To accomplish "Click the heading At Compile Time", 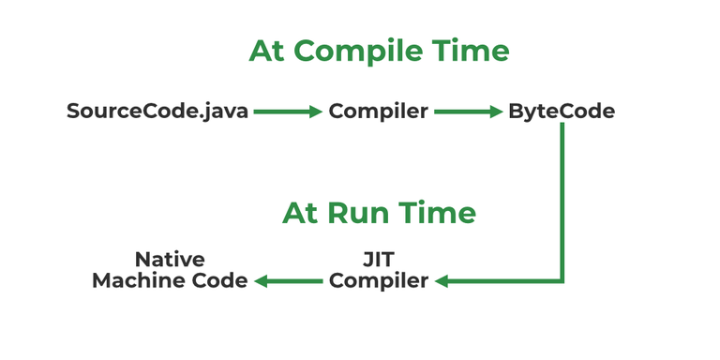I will point(379,51).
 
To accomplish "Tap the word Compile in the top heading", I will point(375,52).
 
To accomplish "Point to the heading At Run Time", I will point(379,213).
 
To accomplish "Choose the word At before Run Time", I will point(301,213).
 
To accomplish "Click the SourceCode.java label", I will point(157,112).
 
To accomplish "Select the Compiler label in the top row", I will point(378,112).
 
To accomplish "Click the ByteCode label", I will point(562,112).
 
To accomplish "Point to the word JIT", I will point(378,260).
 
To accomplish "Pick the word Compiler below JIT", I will point(378,280).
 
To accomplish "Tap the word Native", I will point(170,260).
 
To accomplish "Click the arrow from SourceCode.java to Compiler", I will point(288,112).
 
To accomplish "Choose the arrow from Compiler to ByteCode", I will point(469,112).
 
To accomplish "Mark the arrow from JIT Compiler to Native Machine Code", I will point(289,280).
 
